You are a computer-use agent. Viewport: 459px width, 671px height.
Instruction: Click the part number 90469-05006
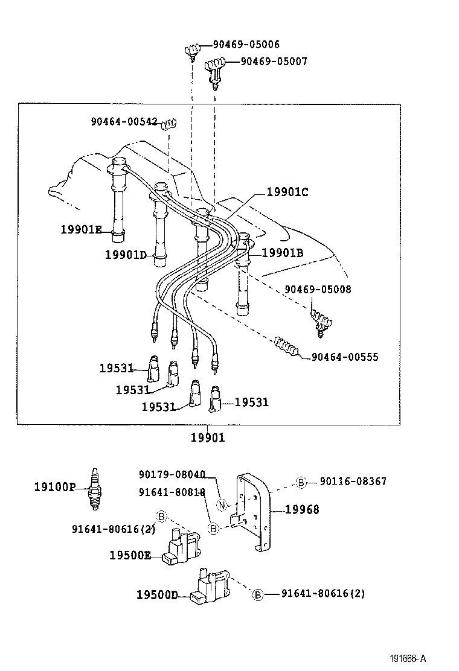pyautogui.click(x=246, y=45)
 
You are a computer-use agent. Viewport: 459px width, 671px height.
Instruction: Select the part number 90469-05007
pyautogui.click(x=274, y=62)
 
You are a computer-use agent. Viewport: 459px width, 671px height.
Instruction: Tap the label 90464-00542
pyautogui.click(x=125, y=121)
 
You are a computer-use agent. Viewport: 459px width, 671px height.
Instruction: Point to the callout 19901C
pyautogui.click(x=287, y=192)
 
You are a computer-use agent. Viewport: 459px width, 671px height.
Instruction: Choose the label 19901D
pyautogui.click(x=126, y=255)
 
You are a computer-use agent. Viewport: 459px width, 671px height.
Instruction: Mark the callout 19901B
pyautogui.click(x=282, y=253)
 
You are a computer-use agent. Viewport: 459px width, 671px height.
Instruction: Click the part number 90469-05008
pyautogui.click(x=318, y=290)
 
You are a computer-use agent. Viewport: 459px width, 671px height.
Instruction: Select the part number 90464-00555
pyautogui.click(x=345, y=357)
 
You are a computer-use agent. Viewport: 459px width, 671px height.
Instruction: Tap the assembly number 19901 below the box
pyautogui.click(x=208, y=437)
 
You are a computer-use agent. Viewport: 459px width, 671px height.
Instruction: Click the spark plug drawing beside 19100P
pyautogui.click(x=94, y=487)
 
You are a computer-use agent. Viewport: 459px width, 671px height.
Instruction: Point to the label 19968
pyautogui.click(x=302, y=510)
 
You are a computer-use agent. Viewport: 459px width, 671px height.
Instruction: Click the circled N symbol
pyautogui.click(x=222, y=505)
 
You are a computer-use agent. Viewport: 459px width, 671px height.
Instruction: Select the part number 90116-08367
pyautogui.click(x=353, y=482)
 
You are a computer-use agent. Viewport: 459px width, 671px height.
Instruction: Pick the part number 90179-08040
pyautogui.click(x=172, y=474)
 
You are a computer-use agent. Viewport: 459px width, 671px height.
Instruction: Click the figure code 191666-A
pyautogui.click(x=417, y=659)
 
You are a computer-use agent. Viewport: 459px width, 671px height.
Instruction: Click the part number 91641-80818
pyautogui.click(x=172, y=492)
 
